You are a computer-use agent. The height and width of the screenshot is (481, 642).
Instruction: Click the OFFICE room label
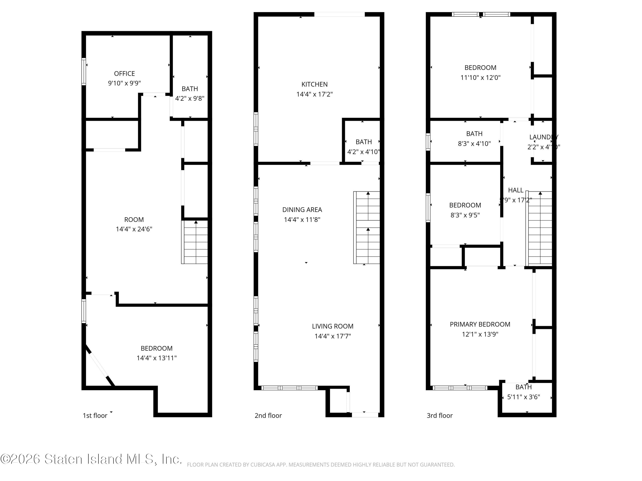tap(124, 74)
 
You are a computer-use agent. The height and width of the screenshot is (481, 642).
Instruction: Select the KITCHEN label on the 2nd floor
tap(314, 84)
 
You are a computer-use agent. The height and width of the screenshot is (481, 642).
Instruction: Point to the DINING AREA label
tap(302, 210)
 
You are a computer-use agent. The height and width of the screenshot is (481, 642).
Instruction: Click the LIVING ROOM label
tap(333, 326)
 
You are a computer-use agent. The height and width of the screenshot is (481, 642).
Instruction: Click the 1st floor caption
tap(95, 415)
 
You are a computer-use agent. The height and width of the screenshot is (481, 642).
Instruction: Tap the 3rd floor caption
tap(439, 415)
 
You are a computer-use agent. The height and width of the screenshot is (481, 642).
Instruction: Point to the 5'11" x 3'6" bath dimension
tap(523, 397)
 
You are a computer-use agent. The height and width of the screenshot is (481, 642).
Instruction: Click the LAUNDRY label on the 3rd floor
tap(544, 137)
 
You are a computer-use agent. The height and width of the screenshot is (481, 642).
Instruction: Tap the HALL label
tap(516, 190)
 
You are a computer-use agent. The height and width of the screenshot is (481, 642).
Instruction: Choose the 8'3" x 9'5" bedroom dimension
tap(465, 215)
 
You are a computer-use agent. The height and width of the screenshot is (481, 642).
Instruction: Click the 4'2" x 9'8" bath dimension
tap(190, 98)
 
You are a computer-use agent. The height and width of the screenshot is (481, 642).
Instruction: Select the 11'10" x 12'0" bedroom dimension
tap(480, 78)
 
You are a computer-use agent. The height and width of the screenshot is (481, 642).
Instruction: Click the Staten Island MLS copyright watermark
tap(91, 459)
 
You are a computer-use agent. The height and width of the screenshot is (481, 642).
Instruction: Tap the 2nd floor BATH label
tap(363, 142)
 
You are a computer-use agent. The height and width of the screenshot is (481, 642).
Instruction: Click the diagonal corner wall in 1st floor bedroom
tap(99, 366)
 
